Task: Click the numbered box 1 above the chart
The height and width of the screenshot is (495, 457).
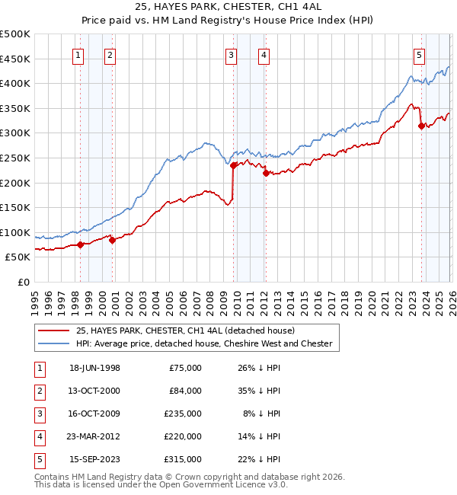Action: pos(79,54)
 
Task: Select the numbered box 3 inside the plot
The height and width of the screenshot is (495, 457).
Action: pos(232,54)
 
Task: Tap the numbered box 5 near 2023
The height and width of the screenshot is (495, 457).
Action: pos(420,54)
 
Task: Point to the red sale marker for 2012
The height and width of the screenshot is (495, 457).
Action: pos(266,173)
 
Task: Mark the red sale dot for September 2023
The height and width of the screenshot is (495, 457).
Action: pos(421,126)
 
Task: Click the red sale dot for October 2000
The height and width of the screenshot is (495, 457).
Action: pos(112,241)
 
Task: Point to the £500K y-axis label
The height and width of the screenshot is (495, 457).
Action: pos(15,34)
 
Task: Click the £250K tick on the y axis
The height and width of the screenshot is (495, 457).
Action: pos(15,158)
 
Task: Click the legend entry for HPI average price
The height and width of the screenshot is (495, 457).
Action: pos(203,343)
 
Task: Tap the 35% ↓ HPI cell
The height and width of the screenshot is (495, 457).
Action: pos(258,391)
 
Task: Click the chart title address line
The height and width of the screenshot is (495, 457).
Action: pos(229,8)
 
